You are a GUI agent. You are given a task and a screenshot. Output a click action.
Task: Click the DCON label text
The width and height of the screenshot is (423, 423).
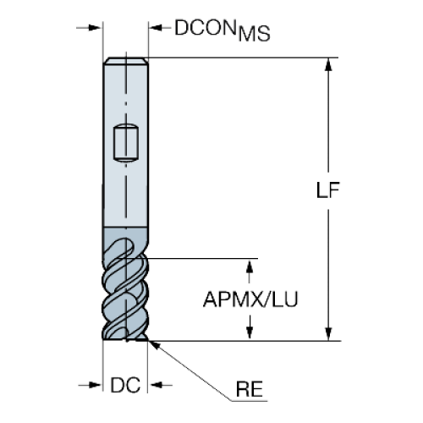206,27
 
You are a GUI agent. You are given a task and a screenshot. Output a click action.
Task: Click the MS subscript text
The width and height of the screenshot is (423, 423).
255,34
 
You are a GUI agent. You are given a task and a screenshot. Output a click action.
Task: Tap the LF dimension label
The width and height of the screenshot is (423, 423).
327,190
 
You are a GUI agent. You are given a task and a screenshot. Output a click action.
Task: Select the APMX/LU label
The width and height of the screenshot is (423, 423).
250,299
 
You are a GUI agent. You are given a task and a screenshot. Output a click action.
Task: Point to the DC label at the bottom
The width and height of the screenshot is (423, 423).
125,385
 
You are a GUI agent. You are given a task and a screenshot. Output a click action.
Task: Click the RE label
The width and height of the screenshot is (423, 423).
250,389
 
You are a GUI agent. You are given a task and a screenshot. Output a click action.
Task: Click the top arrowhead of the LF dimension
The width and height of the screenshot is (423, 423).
328,64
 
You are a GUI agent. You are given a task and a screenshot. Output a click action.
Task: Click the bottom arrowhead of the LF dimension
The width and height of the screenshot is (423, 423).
328,334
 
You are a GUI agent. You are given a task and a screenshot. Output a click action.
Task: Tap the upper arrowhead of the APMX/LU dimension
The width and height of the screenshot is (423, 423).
250,266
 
